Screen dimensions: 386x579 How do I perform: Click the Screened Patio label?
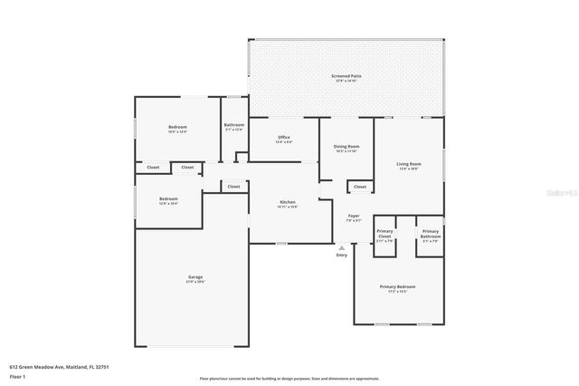click(x=346, y=77)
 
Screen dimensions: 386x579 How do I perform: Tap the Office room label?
click(x=283, y=138)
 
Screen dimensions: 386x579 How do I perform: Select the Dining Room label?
click(x=347, y=146)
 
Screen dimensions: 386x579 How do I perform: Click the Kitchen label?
click(x=288, y=202)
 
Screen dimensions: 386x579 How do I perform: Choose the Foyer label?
click(x=354, y=216)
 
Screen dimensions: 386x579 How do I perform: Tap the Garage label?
click(x=195, y=277)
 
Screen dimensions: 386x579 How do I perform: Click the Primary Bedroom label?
click(x=397, y=287)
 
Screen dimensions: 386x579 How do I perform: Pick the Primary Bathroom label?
click(x=430, y=234)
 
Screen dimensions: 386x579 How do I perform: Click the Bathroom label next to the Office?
click(x=234, y=125)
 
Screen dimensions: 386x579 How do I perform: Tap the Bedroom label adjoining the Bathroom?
click(x=177, y=127)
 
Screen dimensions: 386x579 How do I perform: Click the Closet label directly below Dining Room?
click(x=360, y=187)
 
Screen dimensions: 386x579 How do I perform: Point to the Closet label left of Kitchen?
click(x=233, y=187)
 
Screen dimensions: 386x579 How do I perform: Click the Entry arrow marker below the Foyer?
click(x=341, y=246)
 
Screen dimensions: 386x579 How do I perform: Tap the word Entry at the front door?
click(x=341, y=255)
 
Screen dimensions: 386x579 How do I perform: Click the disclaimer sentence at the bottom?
click(x=289, y=378)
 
